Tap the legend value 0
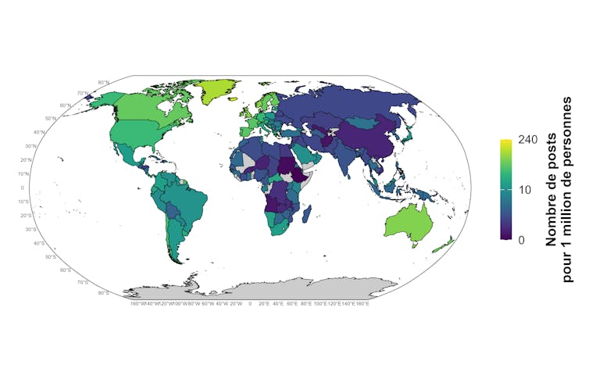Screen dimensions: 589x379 point(520,239)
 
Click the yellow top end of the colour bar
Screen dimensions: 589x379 point(505,142)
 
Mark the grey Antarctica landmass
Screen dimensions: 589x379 point(258,289)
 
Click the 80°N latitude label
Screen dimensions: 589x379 point(104,82)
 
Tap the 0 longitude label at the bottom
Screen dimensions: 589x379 point(250,304)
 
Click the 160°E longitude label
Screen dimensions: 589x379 point(362,304)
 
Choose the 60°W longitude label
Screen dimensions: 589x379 point(208,304)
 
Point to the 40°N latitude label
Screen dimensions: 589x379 point(39,132)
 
